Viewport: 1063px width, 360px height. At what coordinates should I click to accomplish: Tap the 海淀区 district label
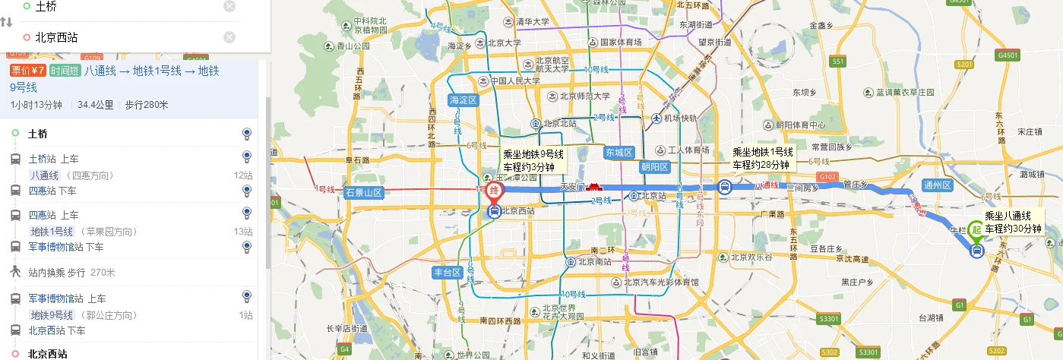pyautogui.click(x=462, y=100)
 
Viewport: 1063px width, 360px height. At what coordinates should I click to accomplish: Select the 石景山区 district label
pyautogui.click(x=363, y=192)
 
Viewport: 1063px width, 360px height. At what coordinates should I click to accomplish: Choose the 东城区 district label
pyautogui.click(x=619, y=153)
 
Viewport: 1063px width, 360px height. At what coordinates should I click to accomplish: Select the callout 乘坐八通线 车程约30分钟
pyautogui.click(x=1013, y=223)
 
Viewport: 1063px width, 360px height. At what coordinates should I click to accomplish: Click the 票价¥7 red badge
pyautogui.click(x=28, y=71)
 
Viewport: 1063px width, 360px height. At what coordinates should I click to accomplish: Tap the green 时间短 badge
pyautogui.click(x=65, y=71)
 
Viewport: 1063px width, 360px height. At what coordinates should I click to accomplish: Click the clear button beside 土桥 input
pyautogui.click(x=229, y=6)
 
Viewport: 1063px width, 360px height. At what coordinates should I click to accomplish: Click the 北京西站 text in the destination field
pyautogui.click(x=56, y=37)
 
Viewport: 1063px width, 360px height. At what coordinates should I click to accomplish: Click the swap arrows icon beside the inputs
pyautogui.click(x=6, y=22)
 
